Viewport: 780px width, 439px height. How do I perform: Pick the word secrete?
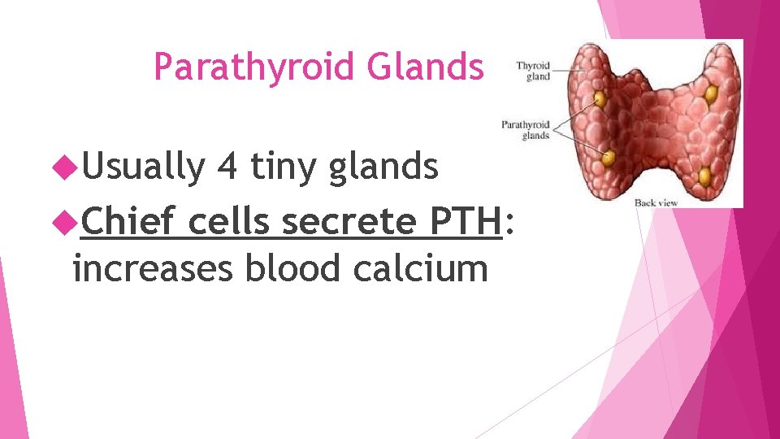[x=342, y=221]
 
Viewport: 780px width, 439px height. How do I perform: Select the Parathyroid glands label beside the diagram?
[x=526, y=130]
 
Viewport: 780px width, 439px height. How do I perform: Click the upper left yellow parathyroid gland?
[x=600, y=99]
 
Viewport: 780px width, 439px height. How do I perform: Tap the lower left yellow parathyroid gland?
[x=608, y=155]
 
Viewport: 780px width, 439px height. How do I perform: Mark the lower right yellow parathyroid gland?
[x=704, y=176]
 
